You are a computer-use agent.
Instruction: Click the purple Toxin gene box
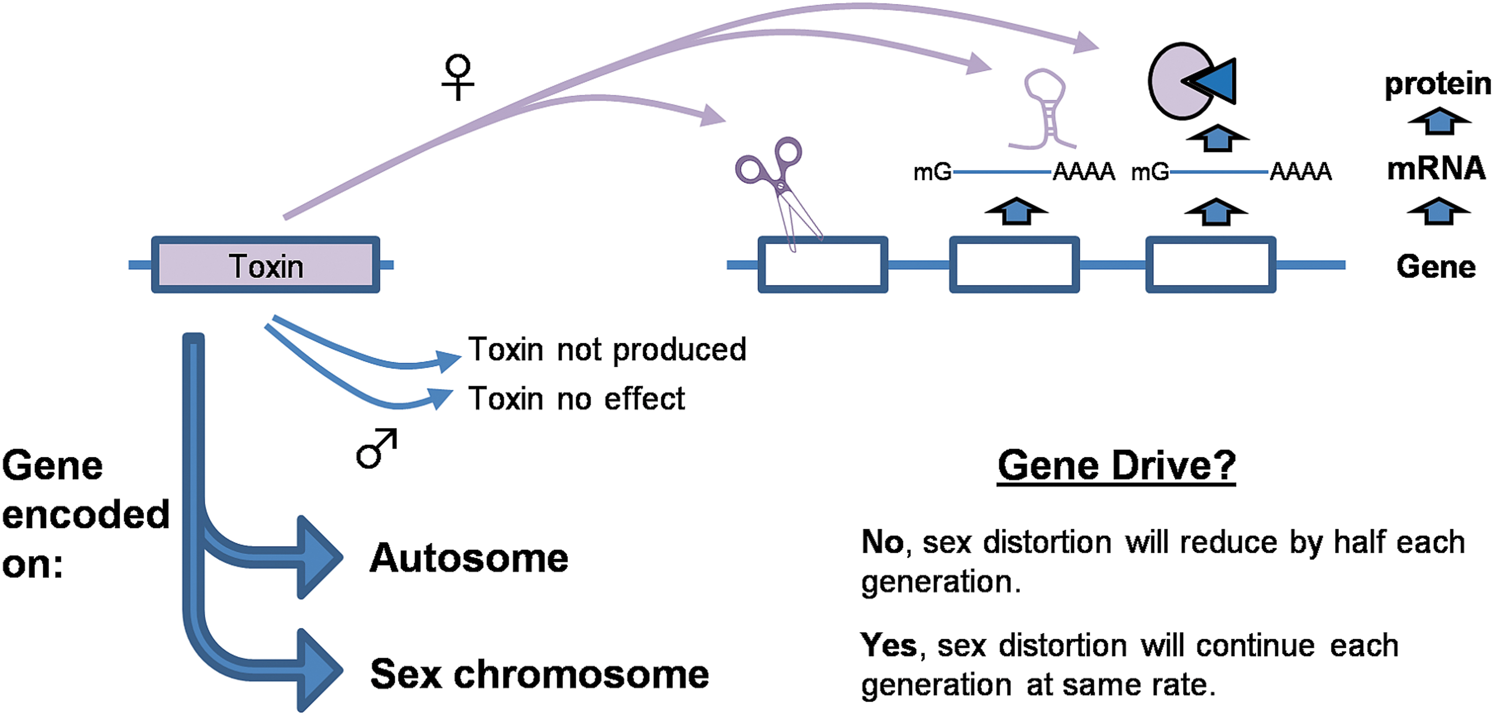coord(265,265)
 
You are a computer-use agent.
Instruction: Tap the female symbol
coord(458,77)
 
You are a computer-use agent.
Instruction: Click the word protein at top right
coord(1438,85)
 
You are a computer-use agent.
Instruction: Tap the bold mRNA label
coord(1436,169)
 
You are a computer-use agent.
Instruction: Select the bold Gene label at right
coord(1436,267)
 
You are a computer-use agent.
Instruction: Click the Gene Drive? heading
coord(1117,466)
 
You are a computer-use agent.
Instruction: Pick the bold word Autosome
coord(469,559)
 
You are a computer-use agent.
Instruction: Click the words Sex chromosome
coord(539,674)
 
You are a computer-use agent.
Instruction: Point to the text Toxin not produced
coord(607,350)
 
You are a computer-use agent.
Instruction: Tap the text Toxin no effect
coord(577,399)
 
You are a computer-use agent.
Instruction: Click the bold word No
coord(882,542)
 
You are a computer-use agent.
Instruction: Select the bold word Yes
coord(888,645)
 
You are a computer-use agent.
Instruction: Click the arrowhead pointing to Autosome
coord(319,557)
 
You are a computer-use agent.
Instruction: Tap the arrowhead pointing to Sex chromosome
coord(319,670)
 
